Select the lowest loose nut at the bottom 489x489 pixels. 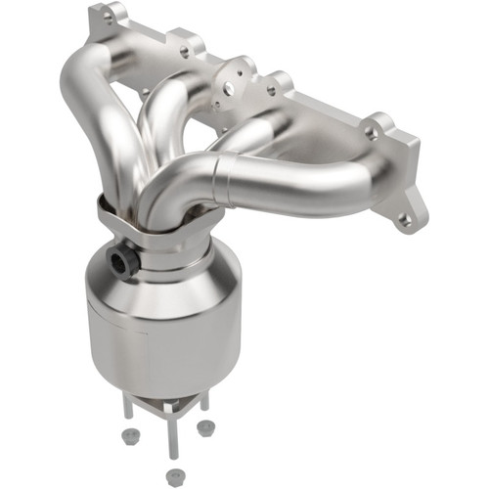pos(173,476)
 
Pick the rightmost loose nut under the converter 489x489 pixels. pos(205,427)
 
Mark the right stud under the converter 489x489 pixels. pos(204,401)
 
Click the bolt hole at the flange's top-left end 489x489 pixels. pos(107,18)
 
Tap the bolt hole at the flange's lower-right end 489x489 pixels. pos(405,221)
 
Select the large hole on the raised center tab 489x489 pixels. pos(227,88)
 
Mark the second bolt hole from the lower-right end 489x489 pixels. pos(371,130)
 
